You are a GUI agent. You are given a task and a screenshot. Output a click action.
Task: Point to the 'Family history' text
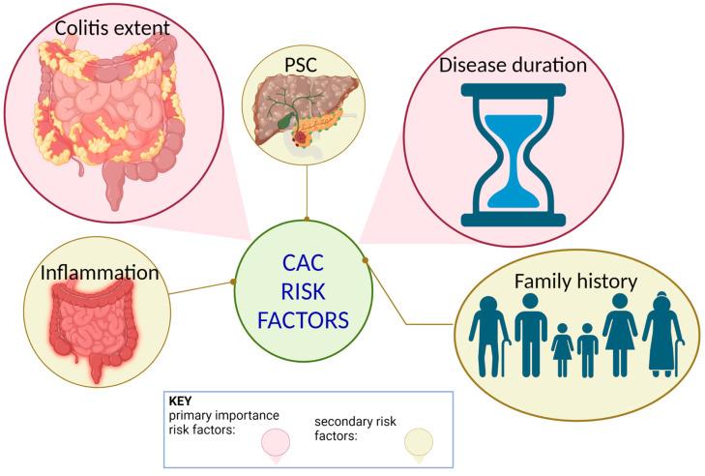coord(574,283)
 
